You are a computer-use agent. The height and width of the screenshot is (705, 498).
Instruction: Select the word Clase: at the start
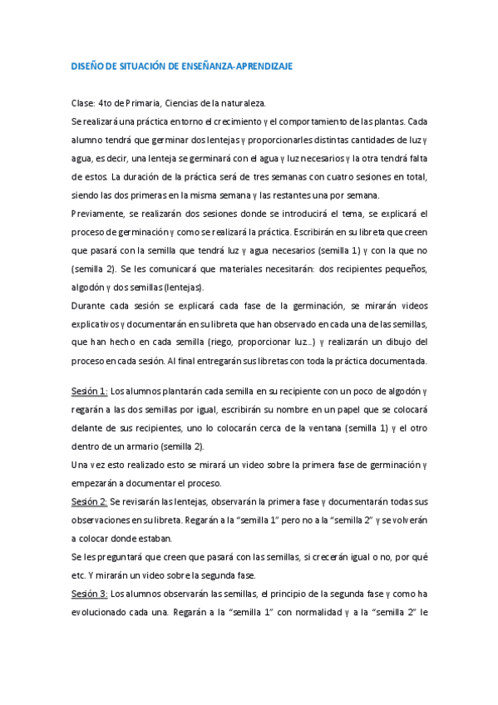[83, 103]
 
